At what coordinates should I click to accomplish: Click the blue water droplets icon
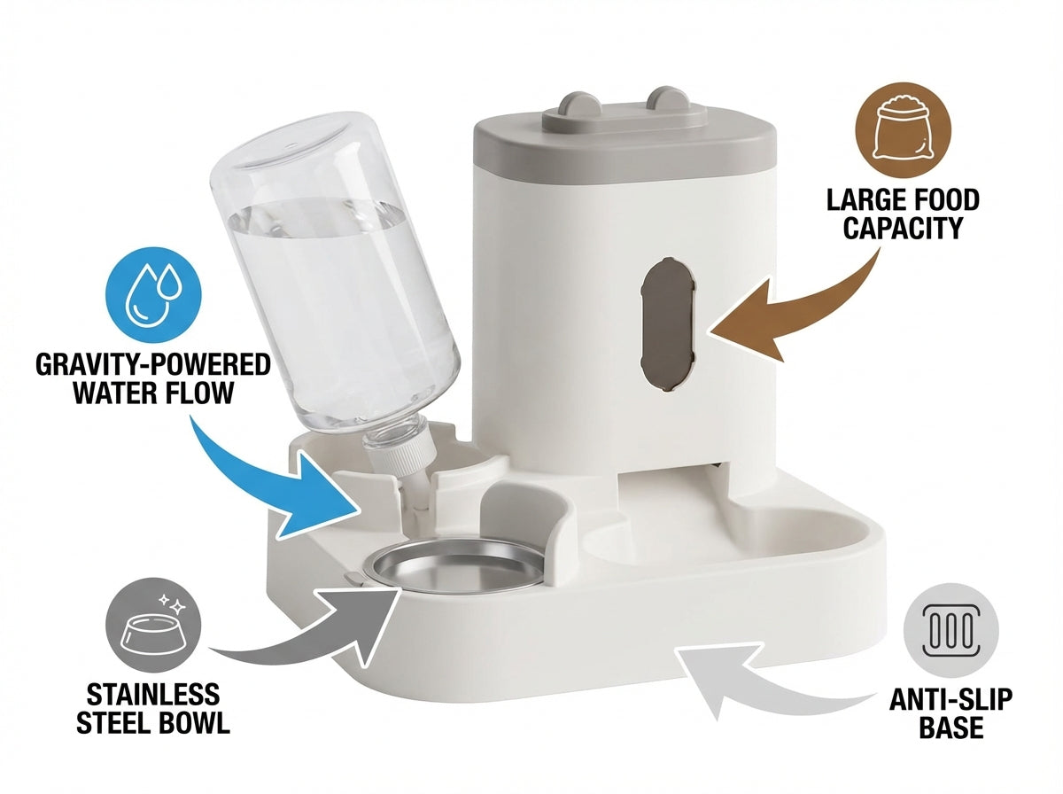[153, 295]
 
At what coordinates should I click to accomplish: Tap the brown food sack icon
[904, 131]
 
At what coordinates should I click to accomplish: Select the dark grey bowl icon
[153, 625]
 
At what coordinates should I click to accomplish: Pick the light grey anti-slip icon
[951, 631]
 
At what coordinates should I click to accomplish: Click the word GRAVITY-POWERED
[153, 365]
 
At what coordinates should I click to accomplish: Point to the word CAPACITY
[903, 229]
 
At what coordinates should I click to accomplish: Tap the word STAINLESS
[153, 695]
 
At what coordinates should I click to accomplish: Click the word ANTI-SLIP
[951, 699]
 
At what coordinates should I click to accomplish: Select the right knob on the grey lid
[668, 100]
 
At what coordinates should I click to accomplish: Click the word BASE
[951, 728]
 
